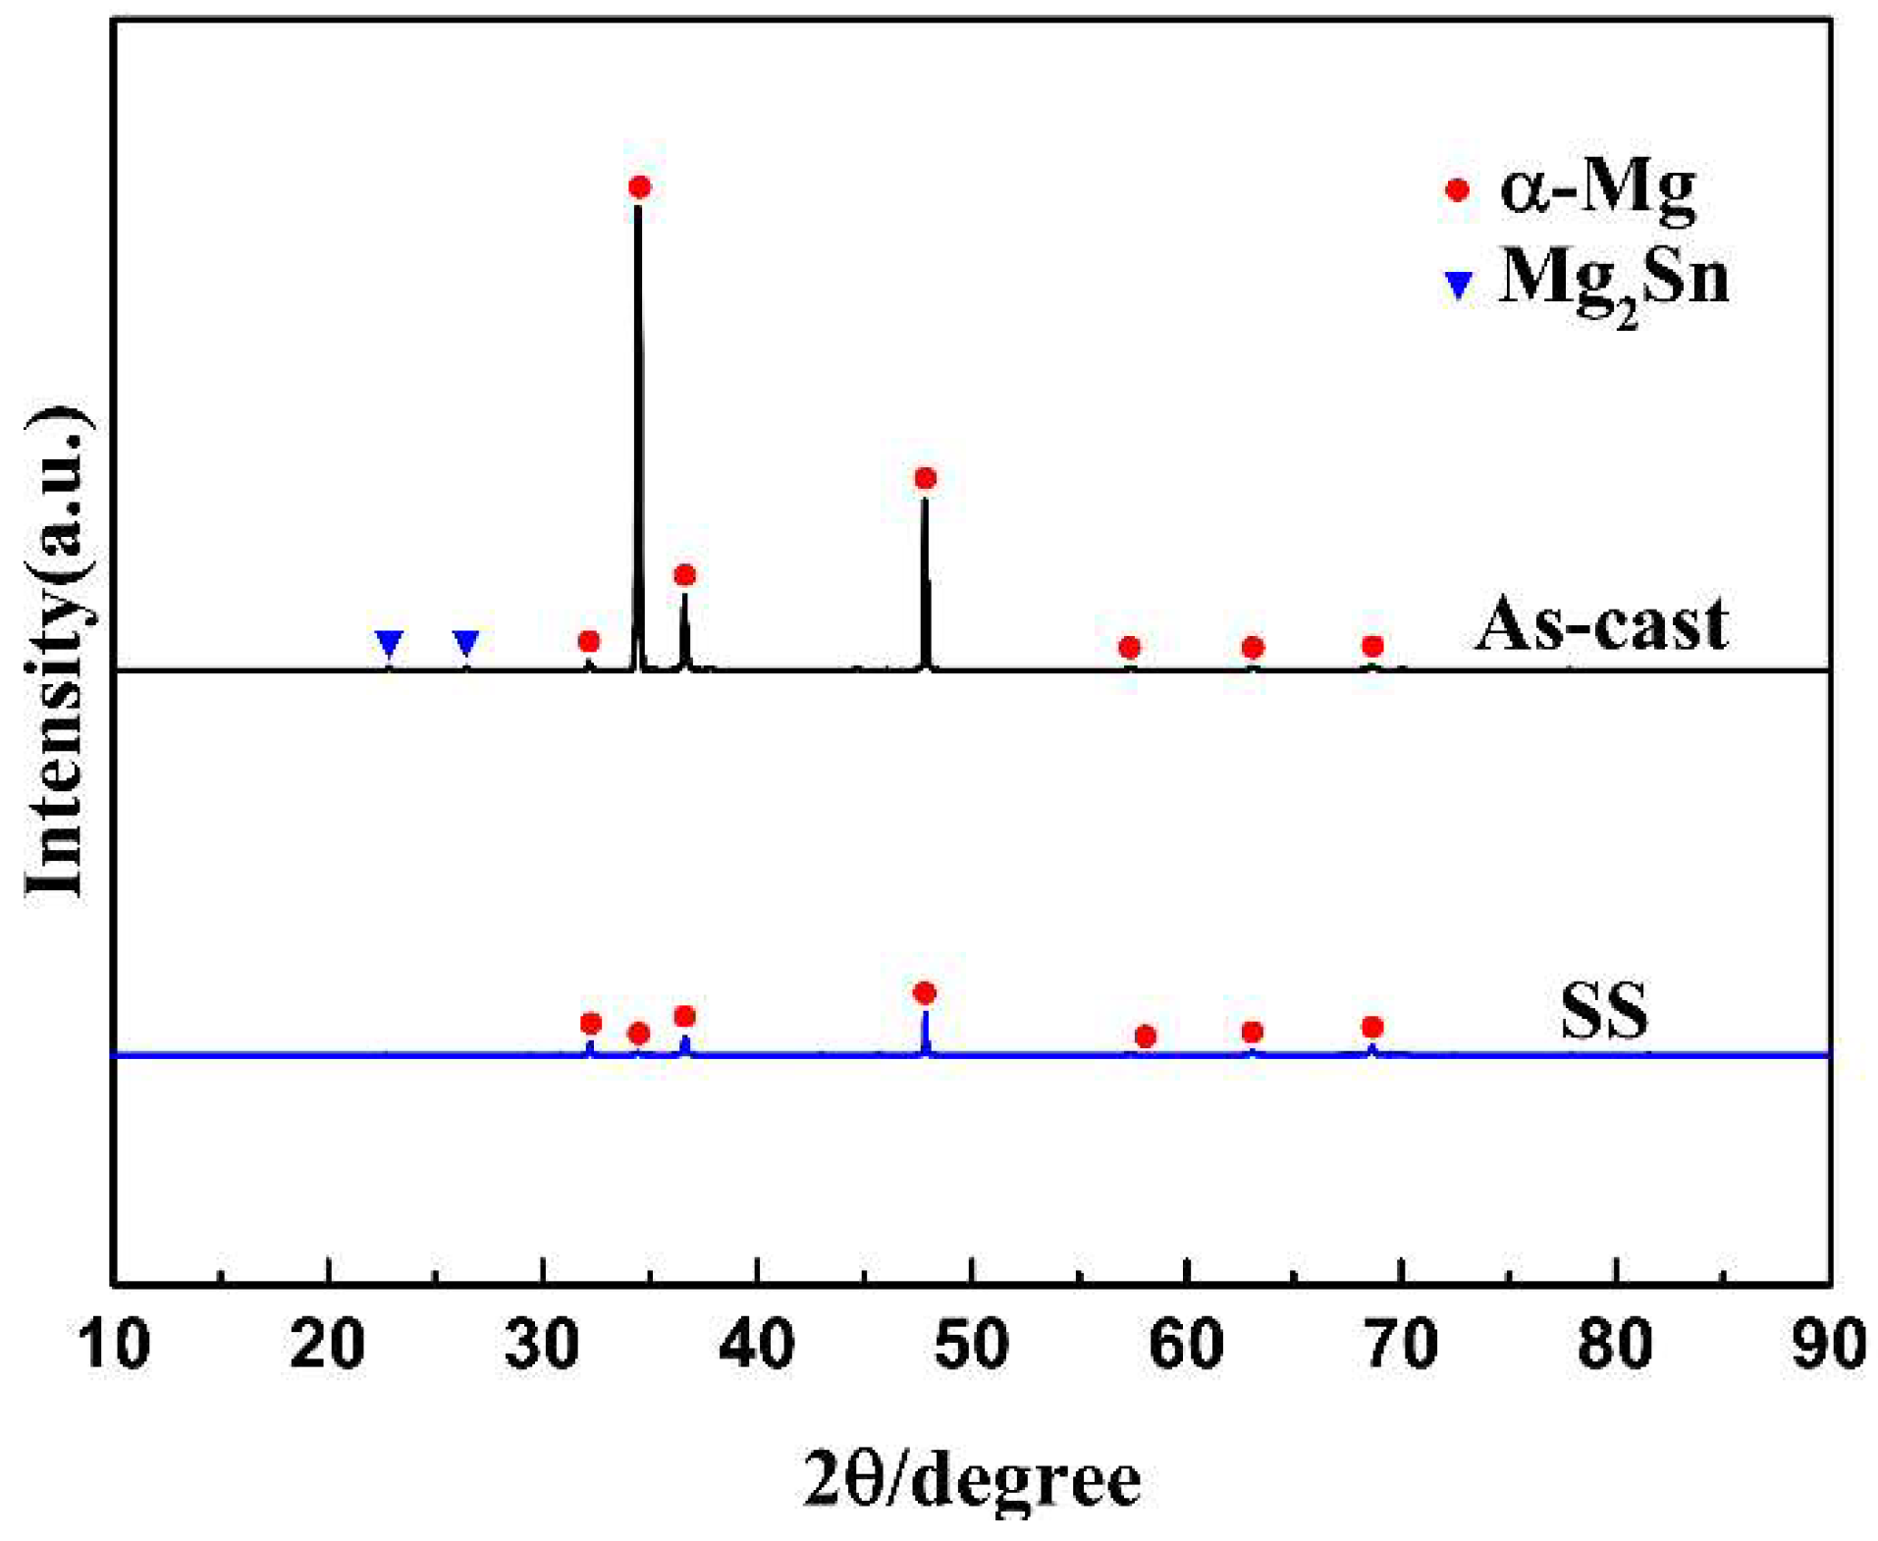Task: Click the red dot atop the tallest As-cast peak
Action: [639, 187]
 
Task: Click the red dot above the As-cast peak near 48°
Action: [925, 478]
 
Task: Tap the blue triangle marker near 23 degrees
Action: [390, 643]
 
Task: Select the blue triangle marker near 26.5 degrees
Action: [466, 643]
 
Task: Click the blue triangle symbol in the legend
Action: [1459, 285]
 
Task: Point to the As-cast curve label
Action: [1601, 624]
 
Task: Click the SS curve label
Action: [1604, 1011]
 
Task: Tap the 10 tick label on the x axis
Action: [114, 1344]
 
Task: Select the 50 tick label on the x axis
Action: [972, 1344]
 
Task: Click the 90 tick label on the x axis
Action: [1828, 1344]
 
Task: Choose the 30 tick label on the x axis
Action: [543, 1344]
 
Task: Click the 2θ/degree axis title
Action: [972, 1479]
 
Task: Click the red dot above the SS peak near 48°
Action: [924, 993]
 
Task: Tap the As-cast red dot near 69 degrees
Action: [1372, 646]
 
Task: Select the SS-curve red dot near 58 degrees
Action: [1145, 1036]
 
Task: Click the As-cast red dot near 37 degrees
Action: [685, 575]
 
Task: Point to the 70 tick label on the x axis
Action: [1402, 1344]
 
